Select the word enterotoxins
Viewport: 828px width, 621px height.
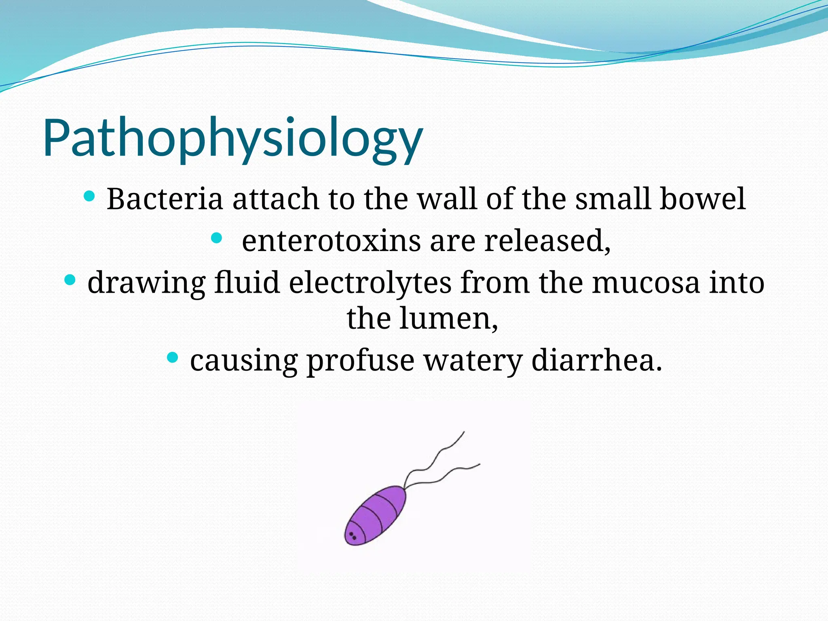331,241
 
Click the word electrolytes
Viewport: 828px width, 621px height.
370,283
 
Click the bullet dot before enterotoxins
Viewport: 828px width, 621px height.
217,238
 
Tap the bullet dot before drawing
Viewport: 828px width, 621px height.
70,280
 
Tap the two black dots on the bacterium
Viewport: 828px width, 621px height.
353,536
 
